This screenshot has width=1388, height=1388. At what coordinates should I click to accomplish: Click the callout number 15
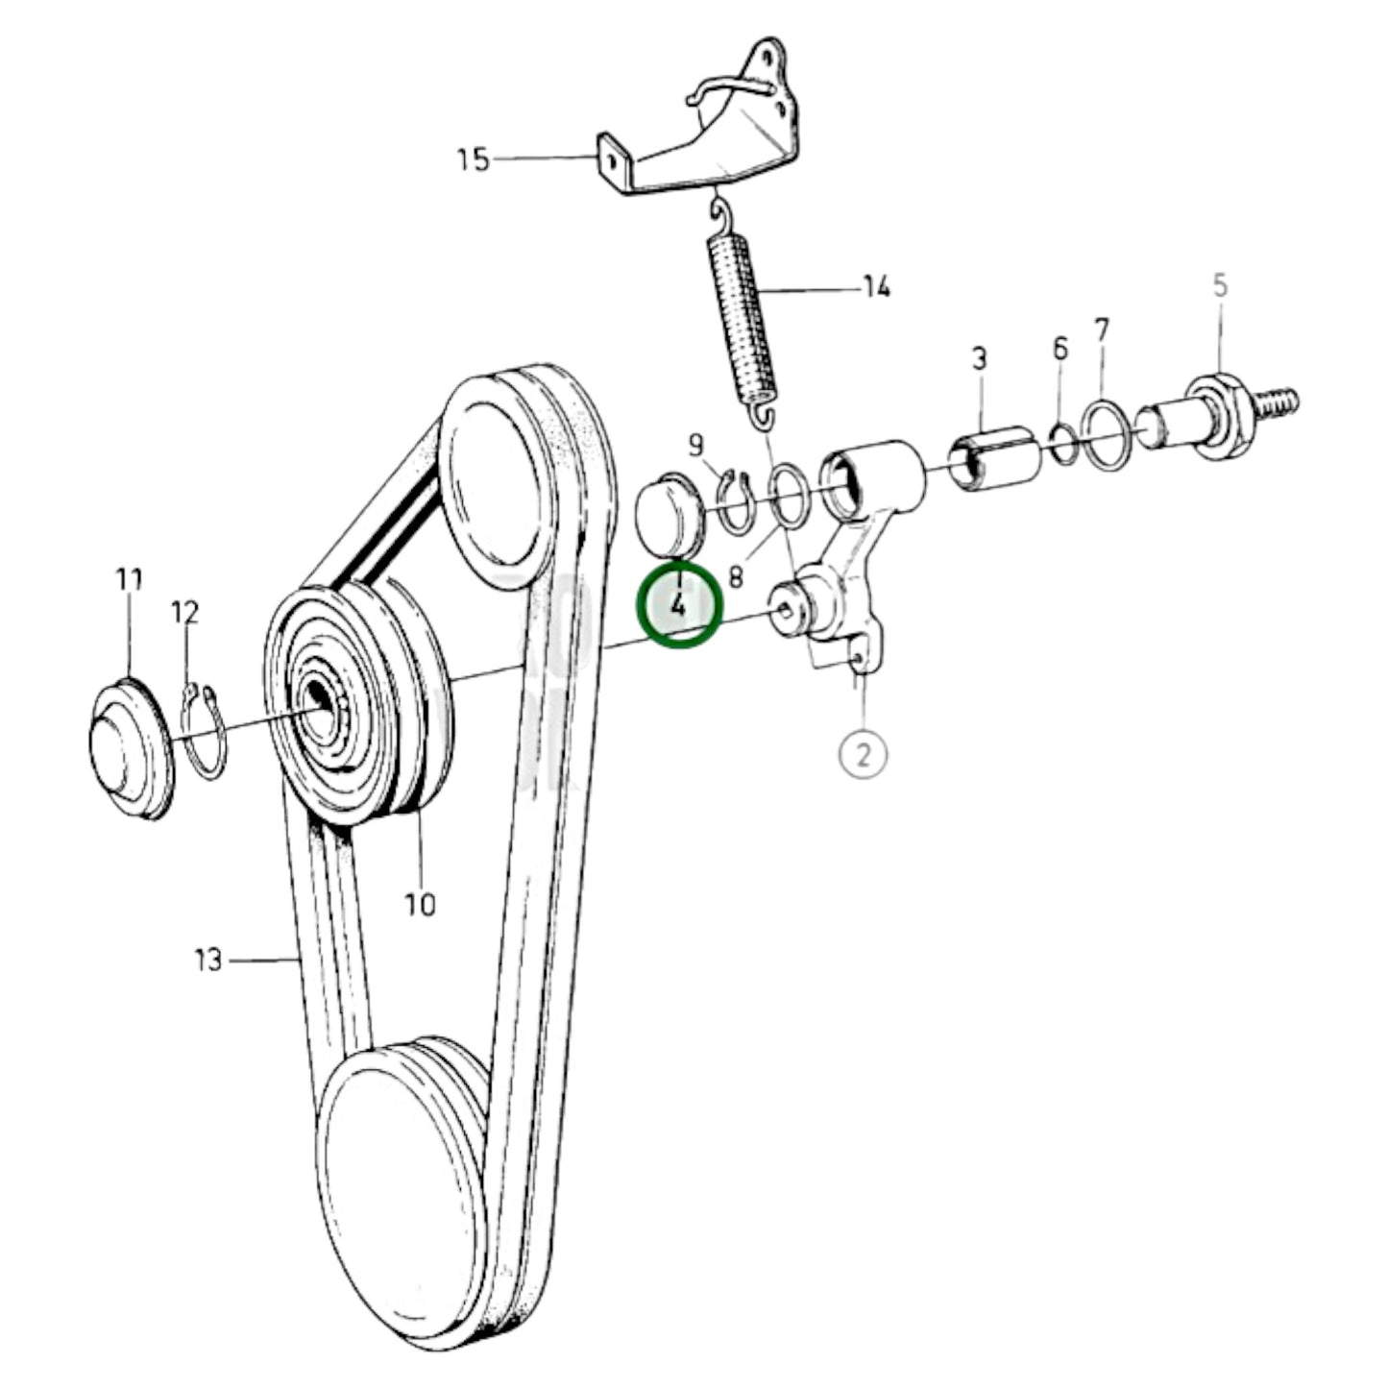473,158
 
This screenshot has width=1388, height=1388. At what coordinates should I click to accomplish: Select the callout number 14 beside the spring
876,287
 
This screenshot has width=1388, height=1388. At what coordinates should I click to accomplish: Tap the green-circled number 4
680,605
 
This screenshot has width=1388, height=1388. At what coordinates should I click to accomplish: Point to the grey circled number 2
863,753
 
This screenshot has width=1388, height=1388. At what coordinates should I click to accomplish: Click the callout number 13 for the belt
208,959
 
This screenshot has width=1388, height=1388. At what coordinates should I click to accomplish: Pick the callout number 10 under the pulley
420,904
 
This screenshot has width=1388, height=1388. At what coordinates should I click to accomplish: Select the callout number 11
129,580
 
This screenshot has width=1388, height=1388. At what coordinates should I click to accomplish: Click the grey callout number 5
1220,285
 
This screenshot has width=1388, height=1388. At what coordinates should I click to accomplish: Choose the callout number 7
1101,331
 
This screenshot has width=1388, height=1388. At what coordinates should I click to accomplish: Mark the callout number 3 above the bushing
979,359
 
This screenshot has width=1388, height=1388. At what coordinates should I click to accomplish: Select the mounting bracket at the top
711,134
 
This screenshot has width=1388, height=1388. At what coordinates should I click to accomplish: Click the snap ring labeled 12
205,730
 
